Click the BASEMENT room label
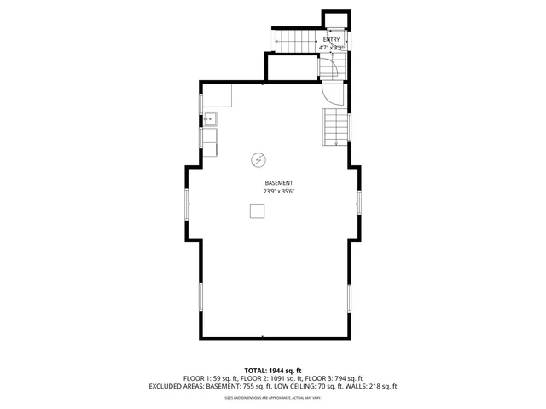pos(279,183)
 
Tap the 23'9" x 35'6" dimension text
pos(279,192)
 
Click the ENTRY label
pos(331,40)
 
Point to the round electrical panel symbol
pos(258,158)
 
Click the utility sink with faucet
pos(210,118)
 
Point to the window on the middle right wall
pos(359,203)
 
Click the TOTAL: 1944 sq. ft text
pos(272,370)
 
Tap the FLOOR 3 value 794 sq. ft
pos(345,378)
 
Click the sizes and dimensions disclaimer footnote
pos(272,397)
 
